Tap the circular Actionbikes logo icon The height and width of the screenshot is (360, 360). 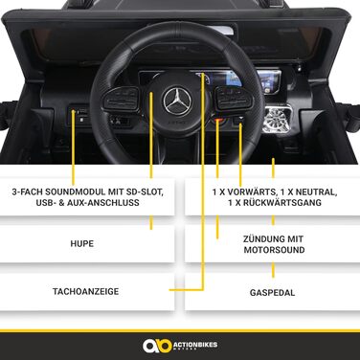(151, 345)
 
